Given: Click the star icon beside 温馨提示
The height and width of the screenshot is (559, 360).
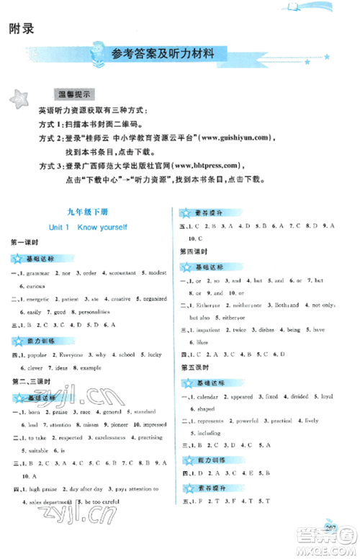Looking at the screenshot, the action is (x=20, y=99).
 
